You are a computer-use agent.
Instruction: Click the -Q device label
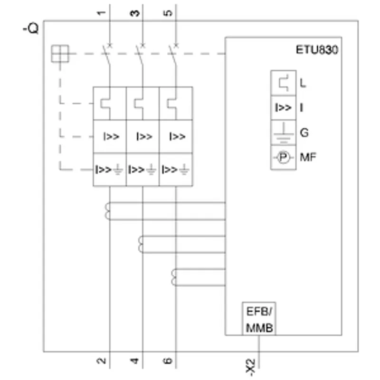click(x=31, y=28)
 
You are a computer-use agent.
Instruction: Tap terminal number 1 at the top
click(x=101, y=13)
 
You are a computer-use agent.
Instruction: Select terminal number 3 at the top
click(x=135, y=13)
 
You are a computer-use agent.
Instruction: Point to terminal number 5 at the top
click(x=168, y=13)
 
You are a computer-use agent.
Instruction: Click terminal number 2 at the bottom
click(x=101, y=361)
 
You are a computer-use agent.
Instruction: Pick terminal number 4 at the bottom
click(x=134, y=361)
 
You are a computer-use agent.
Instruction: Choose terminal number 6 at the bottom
click(x=168, y=361)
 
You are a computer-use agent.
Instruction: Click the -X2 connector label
click(x=251, y=367)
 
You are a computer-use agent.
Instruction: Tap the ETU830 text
click(x=317, y=50)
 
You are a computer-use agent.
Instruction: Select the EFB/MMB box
click(x=259, y=319)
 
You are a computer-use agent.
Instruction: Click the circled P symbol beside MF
click(x=283, y=158)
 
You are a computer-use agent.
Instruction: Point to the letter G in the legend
click(x=304, y=133)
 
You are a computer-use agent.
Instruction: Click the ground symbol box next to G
click(x=283, y=133)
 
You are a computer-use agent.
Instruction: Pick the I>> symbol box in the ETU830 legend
click(x=283, y=108)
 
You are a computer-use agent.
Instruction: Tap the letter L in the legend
click(x=303, y=83)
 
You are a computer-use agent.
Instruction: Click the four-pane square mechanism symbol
click(x=60, y=54)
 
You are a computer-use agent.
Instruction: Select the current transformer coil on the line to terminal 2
click(x=107, y=211)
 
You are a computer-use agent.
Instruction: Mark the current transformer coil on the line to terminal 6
click(x=173, y=277)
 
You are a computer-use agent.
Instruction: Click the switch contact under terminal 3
click(x=140, y=55)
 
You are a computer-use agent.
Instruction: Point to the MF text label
click(x=308, y=157)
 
